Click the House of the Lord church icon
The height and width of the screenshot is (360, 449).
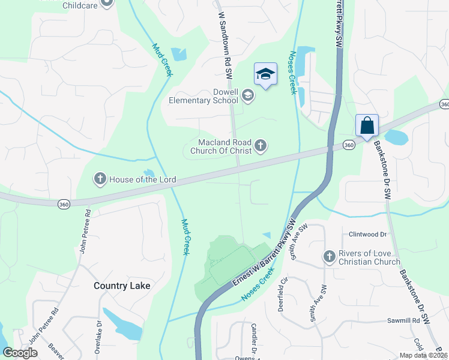point(100,178)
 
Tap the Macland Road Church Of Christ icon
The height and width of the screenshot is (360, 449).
point(261,145)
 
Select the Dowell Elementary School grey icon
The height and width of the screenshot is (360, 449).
point(247,95)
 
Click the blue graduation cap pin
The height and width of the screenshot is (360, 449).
point(265,74)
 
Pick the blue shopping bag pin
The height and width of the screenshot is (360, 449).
point(367,126)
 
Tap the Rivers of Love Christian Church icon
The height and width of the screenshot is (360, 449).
point(329,257)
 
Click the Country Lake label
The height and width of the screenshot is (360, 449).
point(122,286)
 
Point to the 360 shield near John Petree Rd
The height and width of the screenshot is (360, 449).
point(64,205)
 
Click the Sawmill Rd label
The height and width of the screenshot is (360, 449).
point(403,321)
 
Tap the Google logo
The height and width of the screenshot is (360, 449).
point(20,353)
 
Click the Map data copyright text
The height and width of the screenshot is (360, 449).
point(423,355)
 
